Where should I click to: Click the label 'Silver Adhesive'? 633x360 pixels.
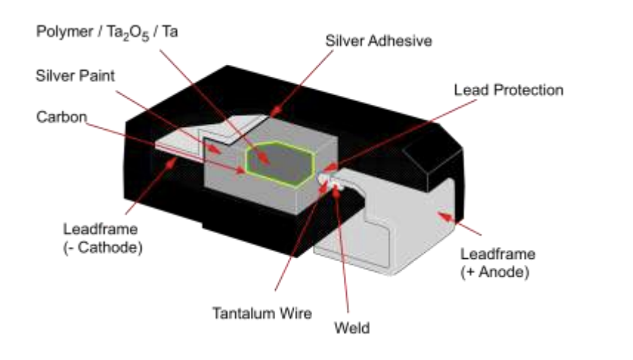(x=378, y=41)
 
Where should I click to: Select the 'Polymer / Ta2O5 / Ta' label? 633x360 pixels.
(x=107, y=32)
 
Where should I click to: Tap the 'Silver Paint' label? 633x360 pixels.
(x=75, y=75)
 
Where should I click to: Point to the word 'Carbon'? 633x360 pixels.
(x=61, y=117)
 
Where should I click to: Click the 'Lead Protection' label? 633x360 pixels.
(x=508, y=90)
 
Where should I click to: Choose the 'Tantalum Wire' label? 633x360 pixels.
(x=262, y=314)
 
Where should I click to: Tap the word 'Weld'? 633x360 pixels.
(x=352, y=328)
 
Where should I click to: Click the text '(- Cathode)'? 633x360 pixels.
(x=103, y=247)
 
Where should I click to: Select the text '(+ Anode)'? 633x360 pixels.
(x=495, y=271)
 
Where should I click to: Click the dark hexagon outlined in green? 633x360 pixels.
(x=280, y=164)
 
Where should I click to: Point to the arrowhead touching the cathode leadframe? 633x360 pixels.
(x=172, y=162)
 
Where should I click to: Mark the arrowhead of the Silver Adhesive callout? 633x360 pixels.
(x=276, y=111)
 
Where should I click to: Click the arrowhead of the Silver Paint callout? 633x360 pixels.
(x=215, y=150)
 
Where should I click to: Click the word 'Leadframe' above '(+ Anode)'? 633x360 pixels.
(x=498, y=254)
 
